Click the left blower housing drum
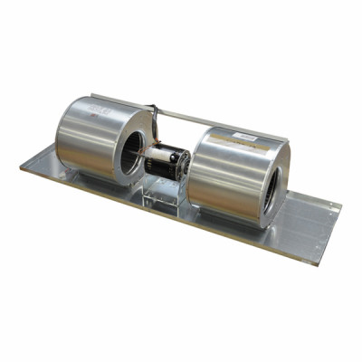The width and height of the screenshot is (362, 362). pyautogui.click(x=90, y=136)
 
